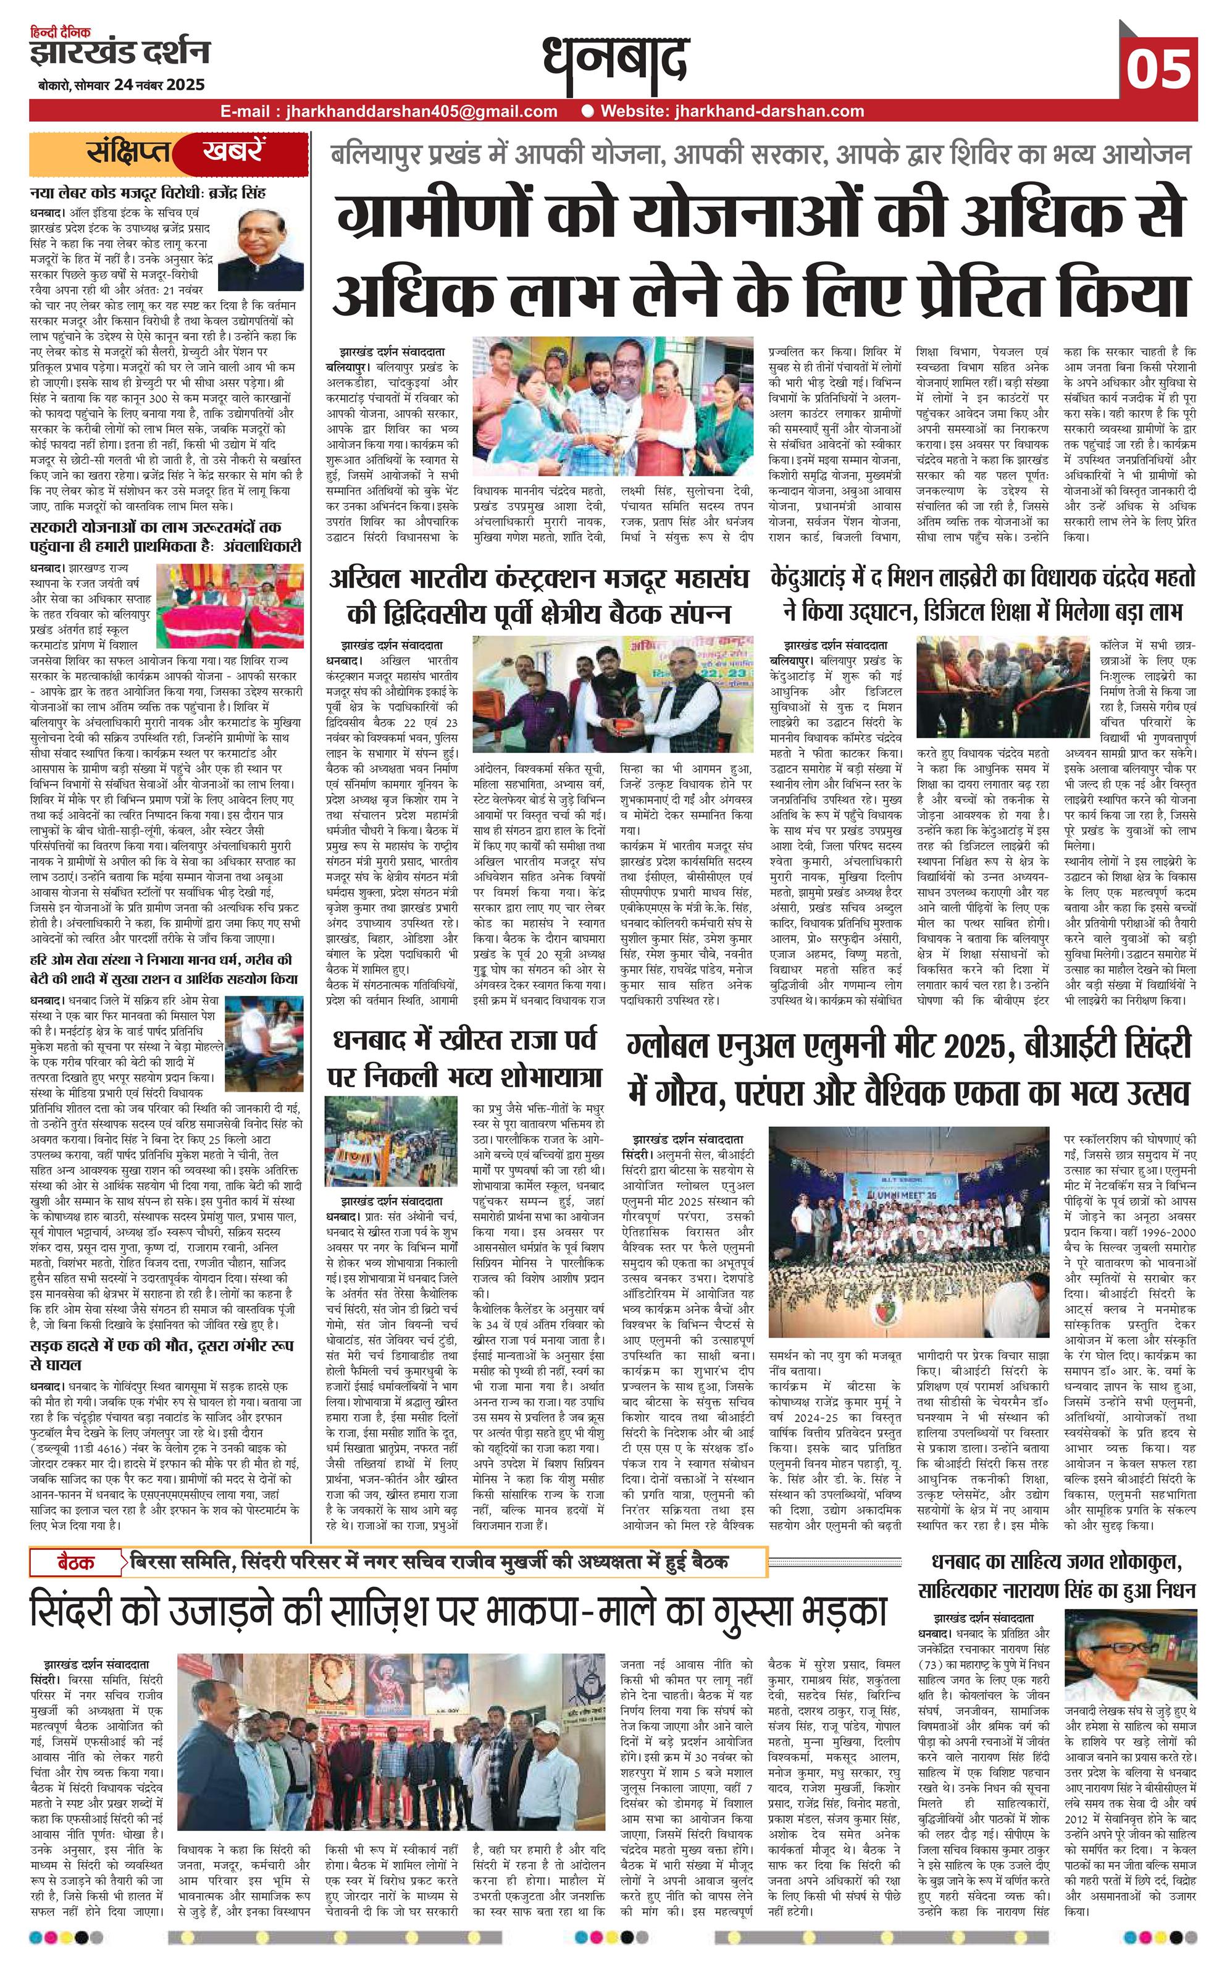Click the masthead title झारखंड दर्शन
120,54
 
